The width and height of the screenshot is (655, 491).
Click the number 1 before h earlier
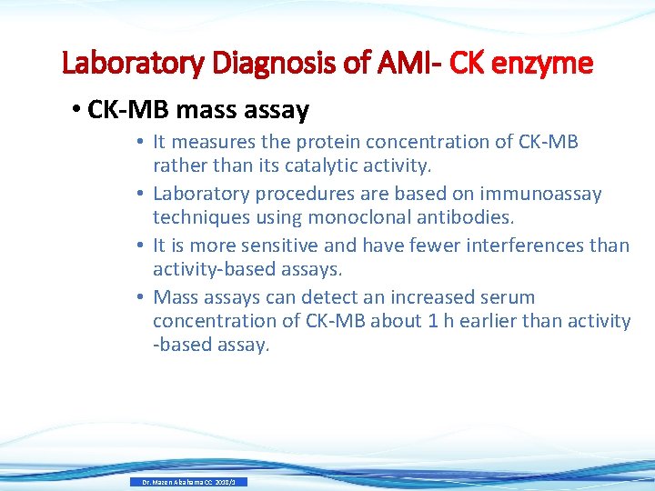[x=431, y=321]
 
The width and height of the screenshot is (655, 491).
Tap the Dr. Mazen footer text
[x=187, y=482]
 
